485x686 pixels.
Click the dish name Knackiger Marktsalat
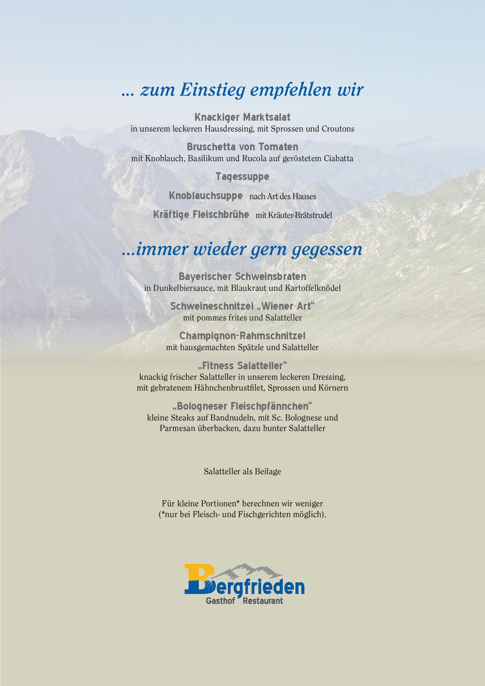(x=242, y=117)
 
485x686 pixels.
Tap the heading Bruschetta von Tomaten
(x=242, y=147)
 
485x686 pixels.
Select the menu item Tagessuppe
(x=242, y=177)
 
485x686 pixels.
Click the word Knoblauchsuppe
(x=206, y=196)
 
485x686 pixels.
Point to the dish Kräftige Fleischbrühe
(x=201, y=215)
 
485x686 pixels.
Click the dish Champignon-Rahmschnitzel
(x=242, y=336)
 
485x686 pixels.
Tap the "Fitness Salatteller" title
(x=242, y=366)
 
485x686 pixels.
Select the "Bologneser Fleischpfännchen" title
(x=242, y=406)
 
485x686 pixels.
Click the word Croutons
(x=338, y=129)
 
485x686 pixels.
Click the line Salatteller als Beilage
(x=242, y=472)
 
